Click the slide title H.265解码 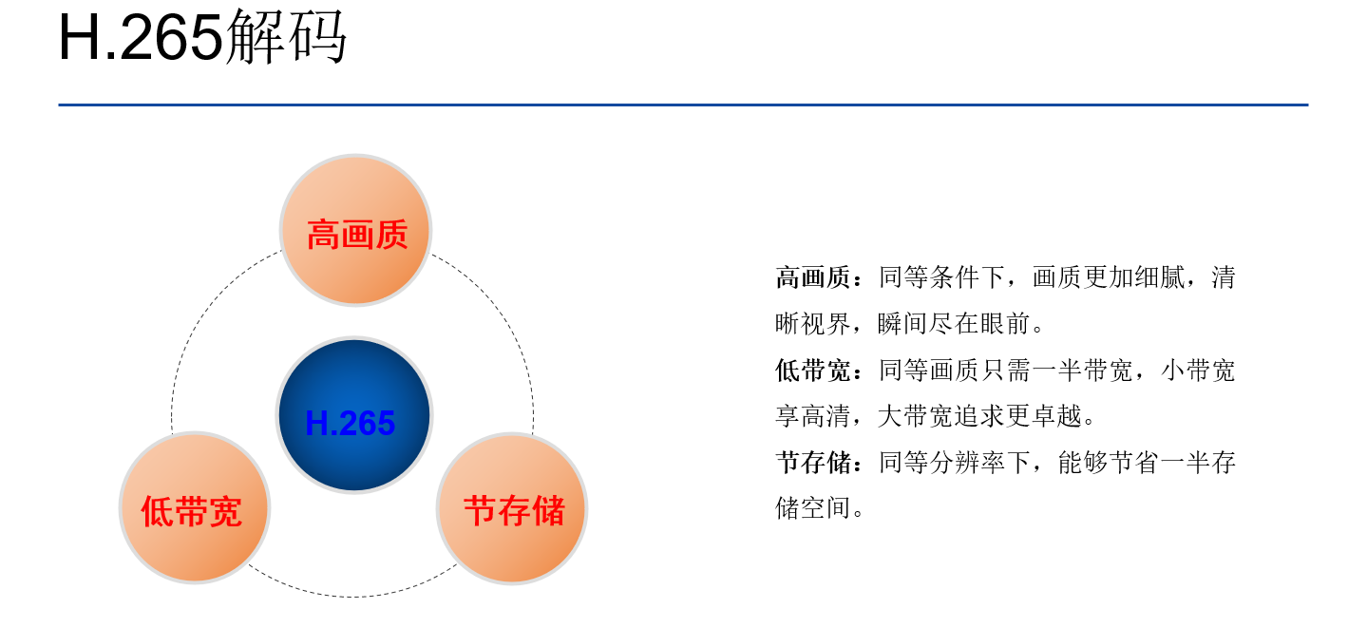[202, 38]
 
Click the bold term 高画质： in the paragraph [819, 278]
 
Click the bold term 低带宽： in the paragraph [819, 371]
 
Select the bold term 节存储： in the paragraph [819, 463]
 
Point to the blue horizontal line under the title [683, 105]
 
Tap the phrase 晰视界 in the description [812, 324]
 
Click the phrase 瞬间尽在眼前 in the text [954, 324]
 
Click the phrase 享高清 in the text [812, 416]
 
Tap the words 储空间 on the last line [812, 508]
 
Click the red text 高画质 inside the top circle [356, 234]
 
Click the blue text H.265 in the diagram [351, 424]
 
